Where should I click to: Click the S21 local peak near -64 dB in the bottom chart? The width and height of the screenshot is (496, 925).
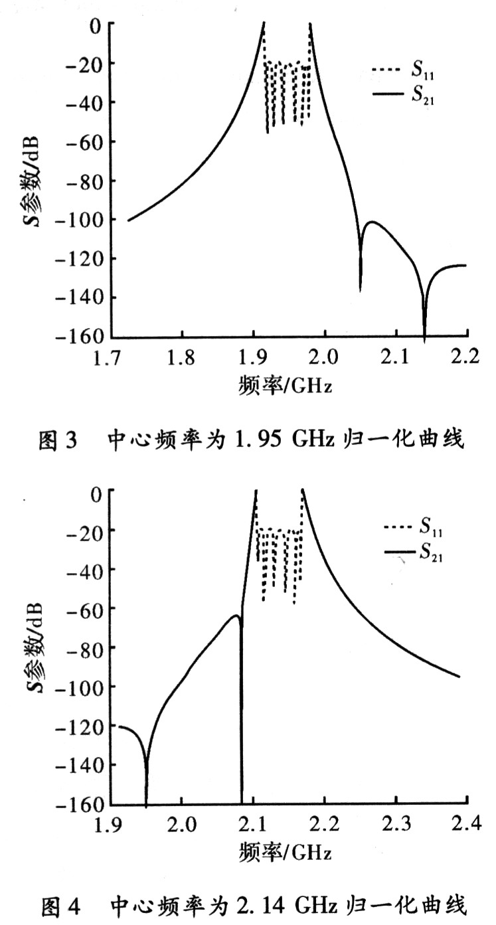coord(236,616)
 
